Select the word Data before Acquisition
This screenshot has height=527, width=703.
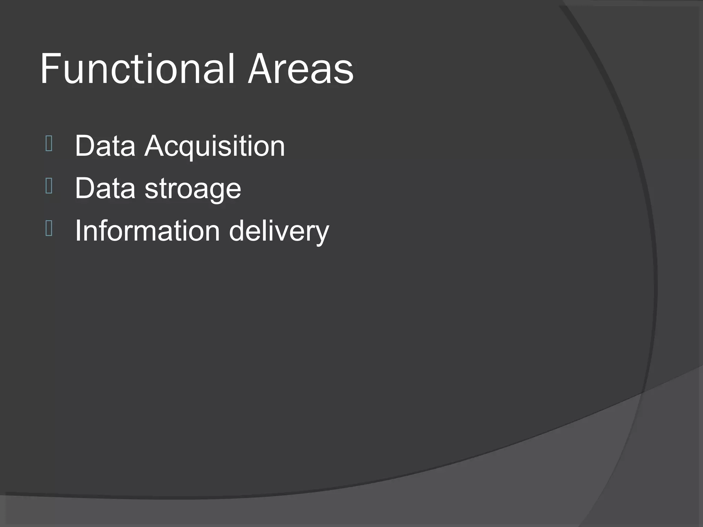click(x=105, y=146)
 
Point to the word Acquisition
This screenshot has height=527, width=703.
click(x=215, y=147)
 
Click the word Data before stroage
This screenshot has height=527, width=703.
click(x=105, y=188)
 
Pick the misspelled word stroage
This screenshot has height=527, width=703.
click(x=193, y=190)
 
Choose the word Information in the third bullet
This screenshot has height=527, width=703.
click(x=147, y=231)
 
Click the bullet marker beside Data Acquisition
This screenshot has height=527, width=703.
click(x=49, y=144)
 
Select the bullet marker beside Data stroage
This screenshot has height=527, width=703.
click(x=49, y=186)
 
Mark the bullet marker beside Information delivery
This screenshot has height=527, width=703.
click(x=49, y=229)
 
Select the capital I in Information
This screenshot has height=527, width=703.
click(x=78, y=231)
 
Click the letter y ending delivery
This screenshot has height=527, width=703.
click(x=321, y=234)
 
